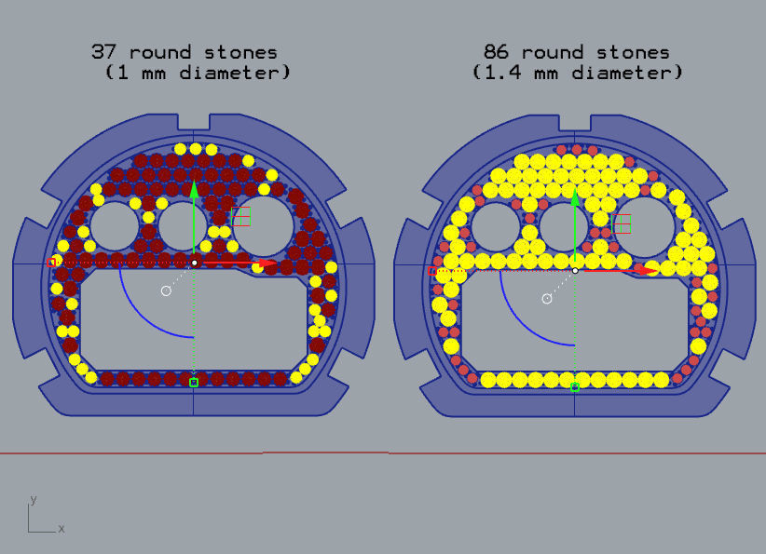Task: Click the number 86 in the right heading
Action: pyautogui.click(x=499, y=52)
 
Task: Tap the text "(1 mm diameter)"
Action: pyautogui.click(x=198, y=73)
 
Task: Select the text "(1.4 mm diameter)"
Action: pyautogui.click(x=578, y=73)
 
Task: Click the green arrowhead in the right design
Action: pyautogui.click(x=575, y=197)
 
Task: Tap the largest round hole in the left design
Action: pyautogui.click(x=265, y=222)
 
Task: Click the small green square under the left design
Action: pyautogui.click(x=194, y=382)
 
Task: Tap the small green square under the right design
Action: pyautogui.click(x=575, y=386)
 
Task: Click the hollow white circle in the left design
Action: pyautogui.click(x=166, y=291)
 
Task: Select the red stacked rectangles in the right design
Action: pyautogui.click(x=622, y=223)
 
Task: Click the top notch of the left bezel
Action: pyautogui.click(x=195, y=122)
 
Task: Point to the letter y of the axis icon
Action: pyautogui.click(x=34, y=500)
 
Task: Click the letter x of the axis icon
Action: pyautogui.click(x=62, y=528)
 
